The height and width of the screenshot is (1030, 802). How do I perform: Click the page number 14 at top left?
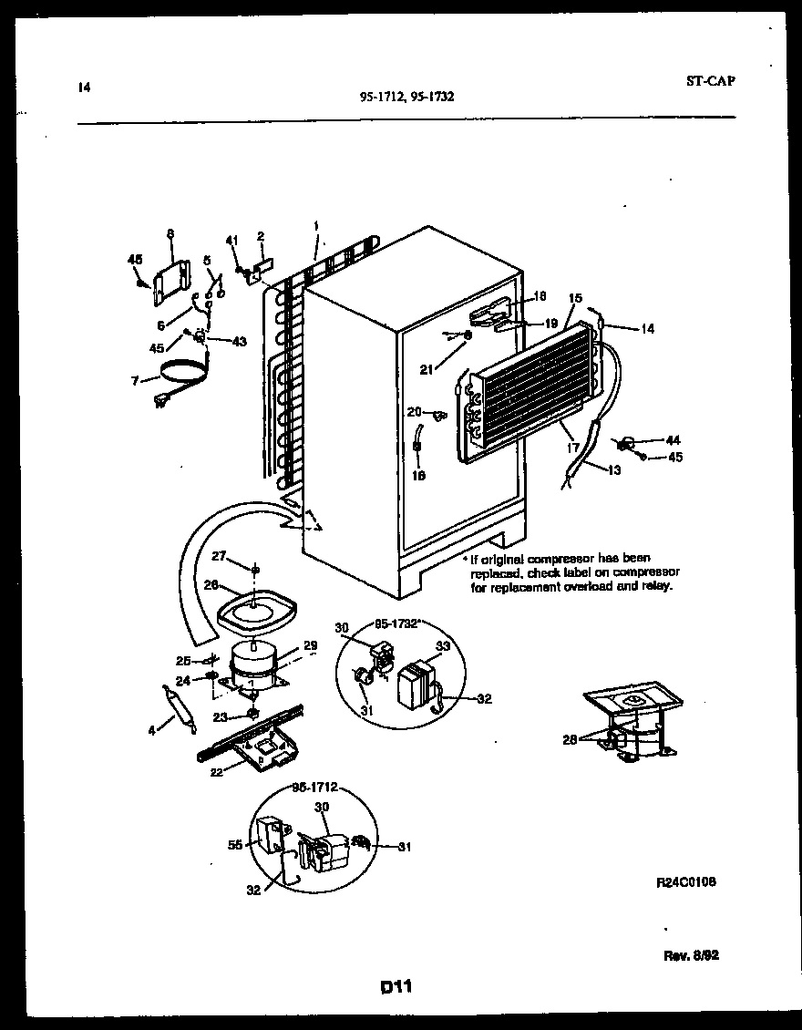(84, 88)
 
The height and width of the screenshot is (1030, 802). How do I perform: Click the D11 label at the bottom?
(399, 986)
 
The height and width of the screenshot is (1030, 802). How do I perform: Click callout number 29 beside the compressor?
(310, 645)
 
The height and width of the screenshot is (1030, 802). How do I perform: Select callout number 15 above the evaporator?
(575, 298)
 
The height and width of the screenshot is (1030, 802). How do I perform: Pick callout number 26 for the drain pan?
(211, 586)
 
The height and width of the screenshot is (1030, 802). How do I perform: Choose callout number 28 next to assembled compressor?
(571, 740)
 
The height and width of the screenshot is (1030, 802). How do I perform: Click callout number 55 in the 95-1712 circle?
(233, 845)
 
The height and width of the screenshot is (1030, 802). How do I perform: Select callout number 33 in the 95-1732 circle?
(444, 646)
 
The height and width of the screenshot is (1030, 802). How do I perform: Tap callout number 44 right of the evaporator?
(673, 440)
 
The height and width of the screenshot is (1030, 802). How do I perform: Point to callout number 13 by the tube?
(614, 469)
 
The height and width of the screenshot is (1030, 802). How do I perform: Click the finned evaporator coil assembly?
(529, 393)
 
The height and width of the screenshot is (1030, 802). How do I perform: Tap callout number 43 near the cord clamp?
(240, 342)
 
